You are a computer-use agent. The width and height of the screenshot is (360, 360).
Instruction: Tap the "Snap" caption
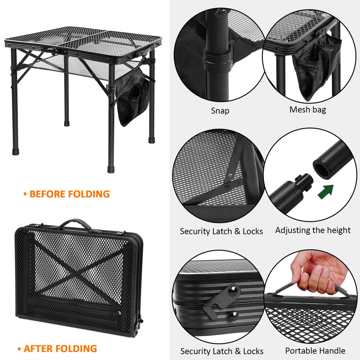[220, 111]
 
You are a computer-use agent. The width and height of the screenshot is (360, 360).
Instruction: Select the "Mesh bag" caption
[308, 110]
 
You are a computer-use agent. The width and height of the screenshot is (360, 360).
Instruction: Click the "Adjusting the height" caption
[313, 230]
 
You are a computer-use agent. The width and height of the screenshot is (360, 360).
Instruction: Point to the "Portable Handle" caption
[315, 351]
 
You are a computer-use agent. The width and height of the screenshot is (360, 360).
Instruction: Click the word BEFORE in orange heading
[48, 194]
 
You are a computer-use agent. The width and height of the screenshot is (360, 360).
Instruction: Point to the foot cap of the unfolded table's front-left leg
[15, 152]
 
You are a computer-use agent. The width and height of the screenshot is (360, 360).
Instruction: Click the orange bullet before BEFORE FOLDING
[25, 194]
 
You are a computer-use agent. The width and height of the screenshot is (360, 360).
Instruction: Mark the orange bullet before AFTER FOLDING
[19, 349]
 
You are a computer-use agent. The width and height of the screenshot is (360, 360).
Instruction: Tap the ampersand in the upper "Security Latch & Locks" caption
[237, 231]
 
